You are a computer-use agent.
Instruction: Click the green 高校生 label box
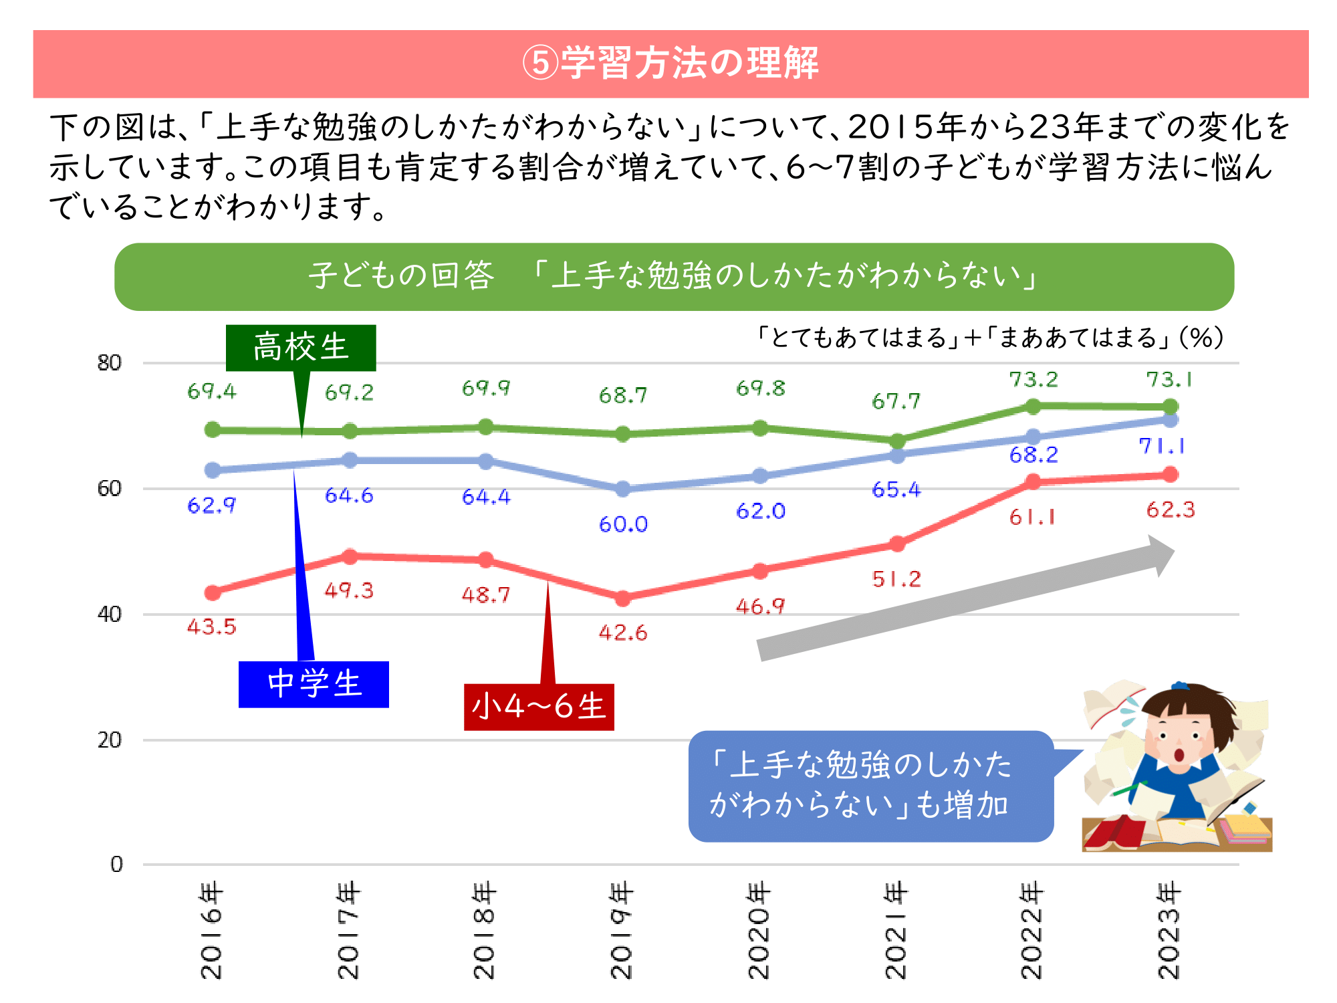301,348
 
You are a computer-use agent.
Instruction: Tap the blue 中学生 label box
314,684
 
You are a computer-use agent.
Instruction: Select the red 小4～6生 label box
539,707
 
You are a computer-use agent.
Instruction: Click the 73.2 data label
1034,380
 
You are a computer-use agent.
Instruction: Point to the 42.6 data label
623,633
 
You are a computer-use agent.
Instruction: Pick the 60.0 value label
623,524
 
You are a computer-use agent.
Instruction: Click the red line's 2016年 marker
213,592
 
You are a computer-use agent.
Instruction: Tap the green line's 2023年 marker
1170,407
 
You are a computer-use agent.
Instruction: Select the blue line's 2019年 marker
623,489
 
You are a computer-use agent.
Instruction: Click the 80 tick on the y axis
110,363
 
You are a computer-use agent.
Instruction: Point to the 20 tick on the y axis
110,740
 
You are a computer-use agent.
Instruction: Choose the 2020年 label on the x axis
759,931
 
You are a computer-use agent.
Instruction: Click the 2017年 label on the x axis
348,931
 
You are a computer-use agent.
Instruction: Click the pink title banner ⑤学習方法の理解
671,64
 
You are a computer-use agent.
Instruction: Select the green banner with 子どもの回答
674,276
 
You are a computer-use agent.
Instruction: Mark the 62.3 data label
1170,510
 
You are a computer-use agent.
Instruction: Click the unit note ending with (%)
989,338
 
